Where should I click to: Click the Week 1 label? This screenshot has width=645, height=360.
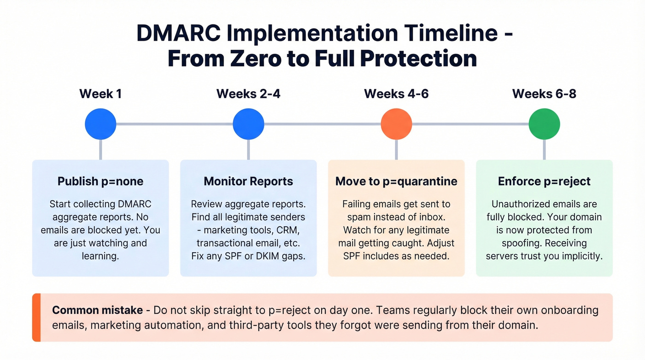[100, 94]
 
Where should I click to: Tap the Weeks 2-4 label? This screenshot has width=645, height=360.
[248, 94]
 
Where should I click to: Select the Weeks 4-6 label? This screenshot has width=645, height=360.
[396, 94]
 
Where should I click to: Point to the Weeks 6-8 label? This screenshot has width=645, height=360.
[544, 94]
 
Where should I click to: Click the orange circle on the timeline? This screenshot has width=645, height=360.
[396, 124]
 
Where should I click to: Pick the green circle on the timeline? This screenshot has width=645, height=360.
[544, 124]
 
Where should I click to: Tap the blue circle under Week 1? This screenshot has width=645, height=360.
[100, 124]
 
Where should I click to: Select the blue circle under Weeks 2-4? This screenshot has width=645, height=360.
[248, 124]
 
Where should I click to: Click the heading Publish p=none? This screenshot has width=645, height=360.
[100, 182]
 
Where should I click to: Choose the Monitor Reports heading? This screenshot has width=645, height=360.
[248, 182]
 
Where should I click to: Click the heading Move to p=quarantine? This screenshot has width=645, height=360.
[396, 182]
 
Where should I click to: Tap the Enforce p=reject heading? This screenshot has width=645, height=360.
[544, 182]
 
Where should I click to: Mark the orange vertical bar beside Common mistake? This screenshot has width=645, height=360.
[36, 318]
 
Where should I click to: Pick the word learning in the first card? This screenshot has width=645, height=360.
[100, 256]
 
